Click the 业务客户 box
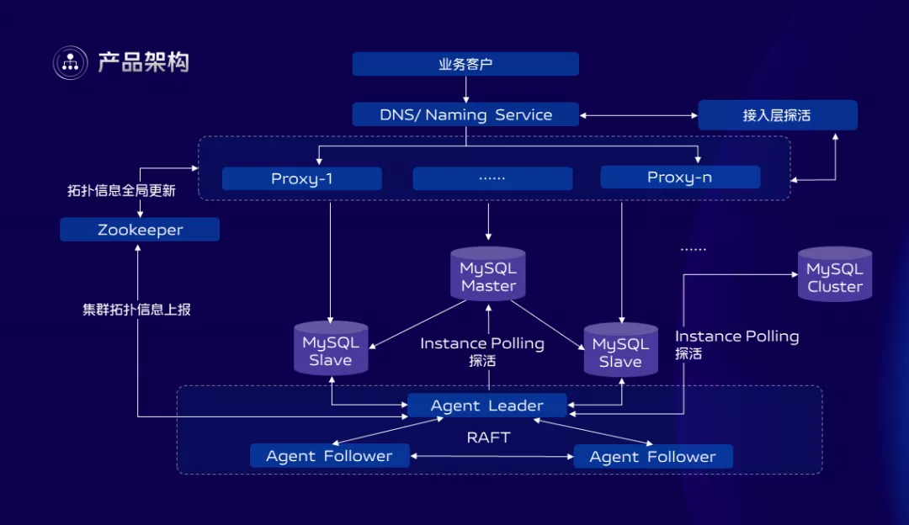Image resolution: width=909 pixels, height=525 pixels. (x=465, y=64)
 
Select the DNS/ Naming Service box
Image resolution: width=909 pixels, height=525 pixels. (x=465, y=114)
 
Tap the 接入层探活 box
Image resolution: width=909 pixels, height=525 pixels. (x=777, y=115)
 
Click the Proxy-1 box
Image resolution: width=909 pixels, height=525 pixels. (x=301, y=178)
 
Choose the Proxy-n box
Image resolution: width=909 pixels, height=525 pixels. (x=680, y=177)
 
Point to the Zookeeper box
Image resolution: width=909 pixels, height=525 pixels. (x=140, y=230)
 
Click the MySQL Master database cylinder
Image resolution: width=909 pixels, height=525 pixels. (x=488, y=274)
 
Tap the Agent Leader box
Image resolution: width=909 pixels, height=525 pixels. (x=486, y=406)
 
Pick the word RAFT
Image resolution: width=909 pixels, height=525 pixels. (x=488, y=437)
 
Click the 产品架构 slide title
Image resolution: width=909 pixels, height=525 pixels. (x=143, y=62)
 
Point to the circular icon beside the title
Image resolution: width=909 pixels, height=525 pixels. (x=71, y=62)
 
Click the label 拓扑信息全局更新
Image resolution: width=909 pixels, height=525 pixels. (x=121, y=191)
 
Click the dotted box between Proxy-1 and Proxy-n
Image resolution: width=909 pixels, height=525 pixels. (x=492, y=178)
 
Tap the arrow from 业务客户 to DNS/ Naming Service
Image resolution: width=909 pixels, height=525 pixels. (x=465, y=89)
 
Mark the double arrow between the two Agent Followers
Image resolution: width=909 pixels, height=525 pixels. (x=492, y=456)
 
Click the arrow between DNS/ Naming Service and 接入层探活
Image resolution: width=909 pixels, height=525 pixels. (x=638, y=115)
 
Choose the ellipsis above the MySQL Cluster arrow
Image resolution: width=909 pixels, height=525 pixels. (x=693, y=250)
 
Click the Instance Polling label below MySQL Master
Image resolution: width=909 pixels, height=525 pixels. (x=482, y=343)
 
